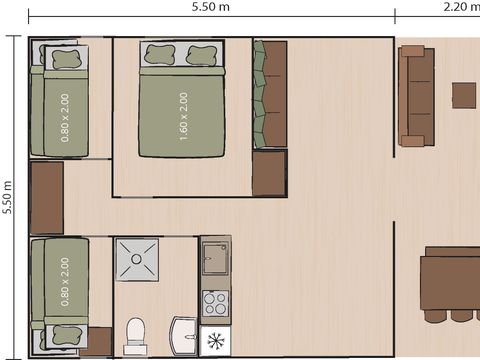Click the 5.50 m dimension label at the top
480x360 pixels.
[x=211, y=8]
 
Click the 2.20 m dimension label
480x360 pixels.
[x=460, y=8]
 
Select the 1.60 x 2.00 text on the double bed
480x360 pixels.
[x=183, y=116]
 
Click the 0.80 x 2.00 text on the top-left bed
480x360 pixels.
[x=66, y=116]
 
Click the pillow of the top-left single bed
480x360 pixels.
[x=66, y=58]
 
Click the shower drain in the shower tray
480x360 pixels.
[x=136, y=260]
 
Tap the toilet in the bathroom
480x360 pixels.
[x=137, y=334]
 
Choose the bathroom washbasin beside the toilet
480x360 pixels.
[x=183, y=335]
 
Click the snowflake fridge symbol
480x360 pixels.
[x=215, y=339]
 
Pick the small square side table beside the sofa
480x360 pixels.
[x=463, y=95]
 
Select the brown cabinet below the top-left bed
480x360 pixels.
[x=47, y=197]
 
